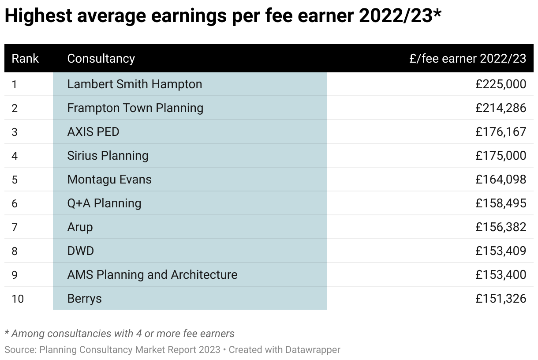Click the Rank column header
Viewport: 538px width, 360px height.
click(25, 58)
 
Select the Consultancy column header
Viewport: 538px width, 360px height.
click(101, 58)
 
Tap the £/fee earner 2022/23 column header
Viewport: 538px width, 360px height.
click(467, 58)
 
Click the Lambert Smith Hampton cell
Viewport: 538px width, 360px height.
click(134, 84)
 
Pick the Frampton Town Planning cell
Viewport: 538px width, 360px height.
click(135, 108)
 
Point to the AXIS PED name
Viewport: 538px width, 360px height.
click(93, 131)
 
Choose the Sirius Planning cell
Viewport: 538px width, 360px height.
click(108, 155)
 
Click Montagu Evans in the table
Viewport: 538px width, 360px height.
click(109, 179)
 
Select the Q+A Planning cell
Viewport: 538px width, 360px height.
click(104, 203)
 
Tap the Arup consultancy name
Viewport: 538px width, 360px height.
click(80, 227)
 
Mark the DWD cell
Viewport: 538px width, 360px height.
click(80, 251)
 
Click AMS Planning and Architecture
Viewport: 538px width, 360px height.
click(152, 274)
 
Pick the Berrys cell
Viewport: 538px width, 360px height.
click(84, 298)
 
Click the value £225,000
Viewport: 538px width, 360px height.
click(501, 84)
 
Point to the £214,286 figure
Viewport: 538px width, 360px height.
click(501, 108)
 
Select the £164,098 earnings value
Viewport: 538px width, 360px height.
click(501, 179)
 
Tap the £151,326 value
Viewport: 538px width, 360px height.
click(501, 298)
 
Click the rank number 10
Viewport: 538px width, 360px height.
click(18, 298)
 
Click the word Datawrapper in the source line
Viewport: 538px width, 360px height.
click(313, 350)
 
